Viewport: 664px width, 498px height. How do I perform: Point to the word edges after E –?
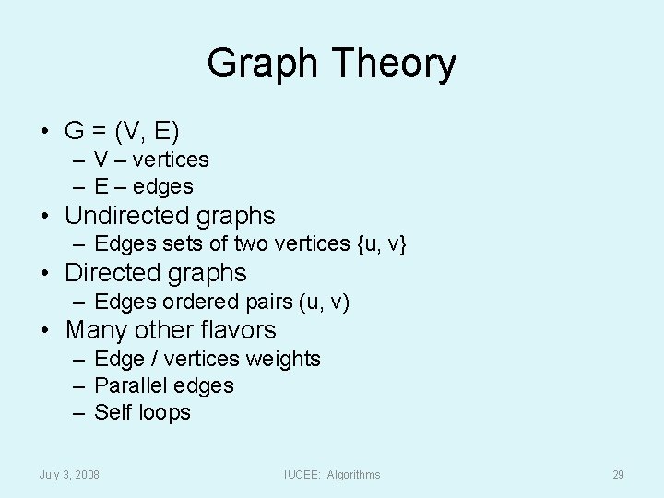point(163,186)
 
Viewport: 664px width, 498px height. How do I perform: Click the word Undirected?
point(117,216)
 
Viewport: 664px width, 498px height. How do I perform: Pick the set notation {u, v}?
point(379,244)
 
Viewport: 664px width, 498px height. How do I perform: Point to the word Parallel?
point(127,385)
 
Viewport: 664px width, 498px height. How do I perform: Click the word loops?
point(165,413)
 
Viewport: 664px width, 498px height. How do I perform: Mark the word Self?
point(113,413)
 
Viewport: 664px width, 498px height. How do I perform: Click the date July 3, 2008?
point(69,475)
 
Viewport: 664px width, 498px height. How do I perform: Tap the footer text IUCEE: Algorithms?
point(332,475)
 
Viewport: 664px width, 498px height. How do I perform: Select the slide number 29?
point(618,475)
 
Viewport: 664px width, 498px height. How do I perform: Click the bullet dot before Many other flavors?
point(45,330)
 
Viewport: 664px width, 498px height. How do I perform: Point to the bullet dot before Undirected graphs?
point(45,216)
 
